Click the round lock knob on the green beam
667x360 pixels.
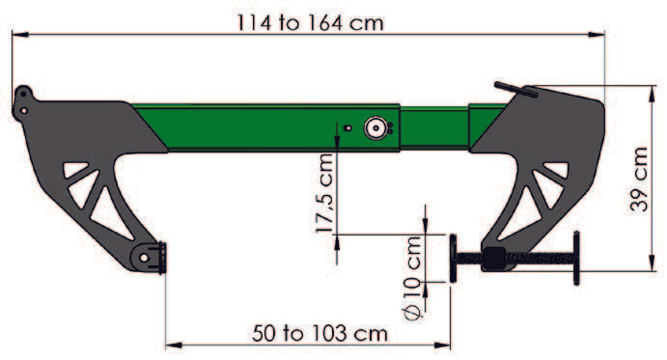375,127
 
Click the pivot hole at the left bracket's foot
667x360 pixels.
147,258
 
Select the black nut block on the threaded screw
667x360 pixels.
493,258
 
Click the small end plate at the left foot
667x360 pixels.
165,259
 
